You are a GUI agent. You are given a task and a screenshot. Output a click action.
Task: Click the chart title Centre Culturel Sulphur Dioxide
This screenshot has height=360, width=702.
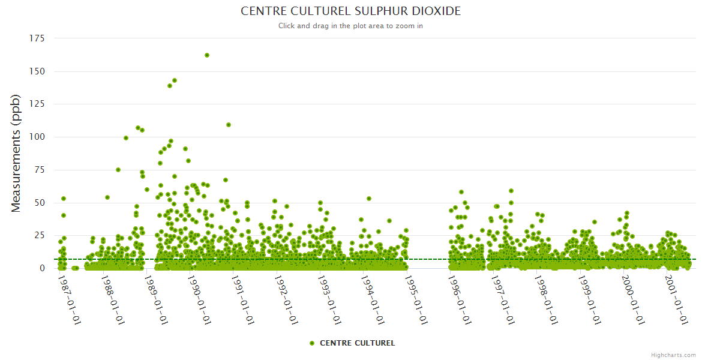pyautogui.click(x=350, y=11)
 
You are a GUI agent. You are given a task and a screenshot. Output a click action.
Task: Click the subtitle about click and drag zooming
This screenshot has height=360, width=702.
pyautogui.click(x=350, y=26)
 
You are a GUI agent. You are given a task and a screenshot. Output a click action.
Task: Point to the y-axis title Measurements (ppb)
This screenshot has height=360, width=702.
pyautogui.click(x=16, y=153)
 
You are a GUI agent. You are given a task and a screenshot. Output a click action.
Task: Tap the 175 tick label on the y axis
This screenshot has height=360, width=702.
pyautogui.click(x=37, y=38)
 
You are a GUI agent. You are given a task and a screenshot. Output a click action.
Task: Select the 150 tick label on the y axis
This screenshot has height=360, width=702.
pyautogui.click(x=37, y=71)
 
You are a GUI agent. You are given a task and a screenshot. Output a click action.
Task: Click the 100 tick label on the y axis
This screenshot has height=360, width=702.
pyautogui.click(x=37, y=137)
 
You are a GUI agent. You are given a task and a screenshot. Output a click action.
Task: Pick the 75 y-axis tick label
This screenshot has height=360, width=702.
pyautogui.click(x=40, y=170)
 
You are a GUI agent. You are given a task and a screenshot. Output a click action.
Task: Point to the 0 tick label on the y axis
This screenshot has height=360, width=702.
pyautogui.click(x=42, y=268)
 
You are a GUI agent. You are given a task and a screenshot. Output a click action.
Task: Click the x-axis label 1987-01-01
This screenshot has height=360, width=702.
pyautogui.click(x=70, y=299)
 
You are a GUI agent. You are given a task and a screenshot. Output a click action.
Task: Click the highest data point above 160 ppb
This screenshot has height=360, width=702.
pyautogui.click(x=207, y=55)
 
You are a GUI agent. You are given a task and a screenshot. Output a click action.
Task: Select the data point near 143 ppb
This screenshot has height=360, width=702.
pyautogui.click(x=175, y=80)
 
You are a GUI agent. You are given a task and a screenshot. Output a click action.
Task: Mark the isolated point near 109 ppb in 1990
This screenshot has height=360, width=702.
pyautogui.click(x=229, y=125)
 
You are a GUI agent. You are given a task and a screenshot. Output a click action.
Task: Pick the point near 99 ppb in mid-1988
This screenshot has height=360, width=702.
pyautogui.click(x=126, y=138)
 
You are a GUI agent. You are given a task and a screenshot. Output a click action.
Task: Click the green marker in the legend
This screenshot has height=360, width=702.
pyautogui.click(x=311, y=343)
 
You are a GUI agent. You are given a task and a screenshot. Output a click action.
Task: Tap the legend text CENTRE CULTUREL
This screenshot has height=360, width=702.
pyautogui.click(x=357, y=343)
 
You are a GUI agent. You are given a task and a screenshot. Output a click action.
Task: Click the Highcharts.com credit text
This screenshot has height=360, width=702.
pyautogui.click(x=673, y=355)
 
